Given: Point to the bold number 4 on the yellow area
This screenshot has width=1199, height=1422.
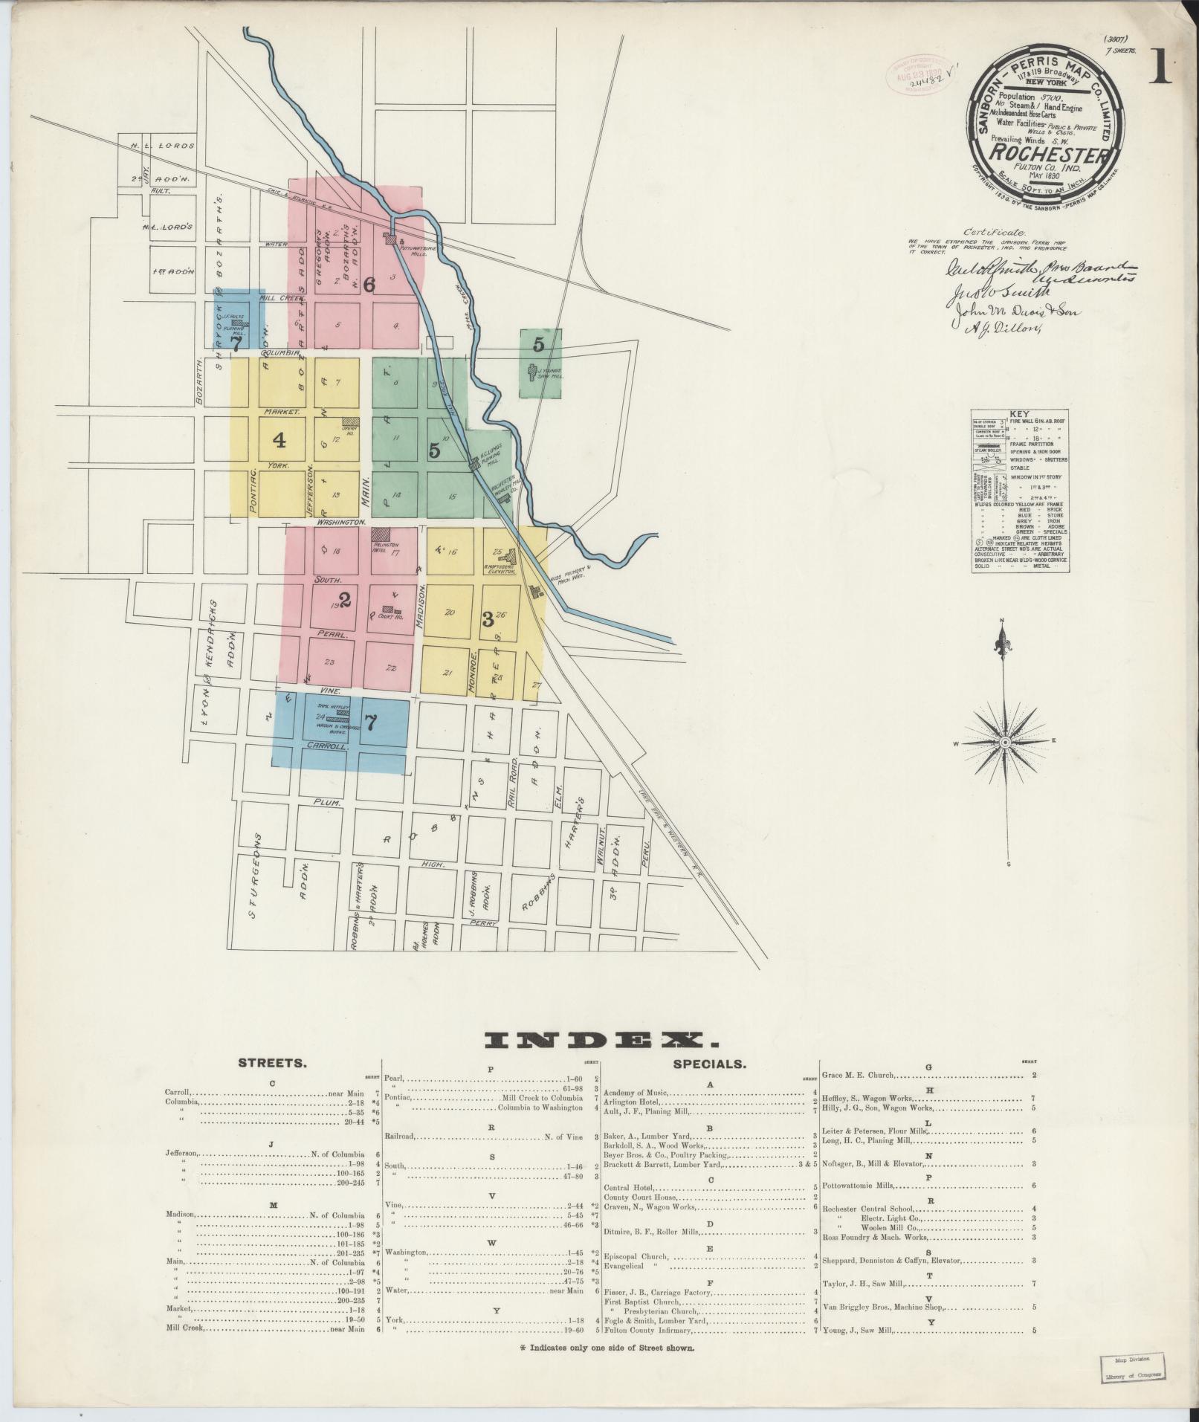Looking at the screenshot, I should tap(279, 441).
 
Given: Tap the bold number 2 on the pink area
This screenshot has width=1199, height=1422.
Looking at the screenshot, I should tap(344, 598).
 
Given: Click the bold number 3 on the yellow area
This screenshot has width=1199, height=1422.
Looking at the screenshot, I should tap(488, 619).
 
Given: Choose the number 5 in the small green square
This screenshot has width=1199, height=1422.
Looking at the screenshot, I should tap(539, 344).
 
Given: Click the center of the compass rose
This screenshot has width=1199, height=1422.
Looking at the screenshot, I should tap(1005, 743).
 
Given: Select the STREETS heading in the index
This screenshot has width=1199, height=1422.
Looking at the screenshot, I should tap(271, 1063).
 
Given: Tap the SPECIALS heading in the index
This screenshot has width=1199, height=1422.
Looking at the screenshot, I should tap(708, 1064).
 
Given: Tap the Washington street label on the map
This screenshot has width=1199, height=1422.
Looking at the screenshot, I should tap(341, 523).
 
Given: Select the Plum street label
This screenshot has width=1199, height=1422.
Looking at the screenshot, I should tap(328, 804).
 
